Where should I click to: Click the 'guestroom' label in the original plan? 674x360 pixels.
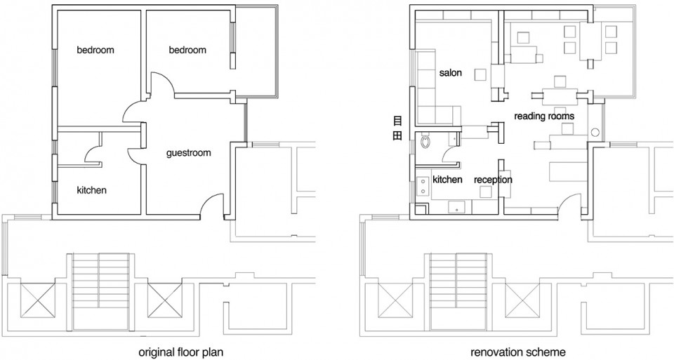(x=189, y=153)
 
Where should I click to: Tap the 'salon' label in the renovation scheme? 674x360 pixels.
(x=451, y=72)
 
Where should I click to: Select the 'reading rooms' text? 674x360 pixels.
(x=544, y=116)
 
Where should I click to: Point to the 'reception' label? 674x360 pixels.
(x=493, y=180)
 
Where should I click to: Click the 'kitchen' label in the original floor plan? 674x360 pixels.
(x=91, y=190)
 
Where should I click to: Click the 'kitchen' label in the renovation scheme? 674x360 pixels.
(x=447, y=180)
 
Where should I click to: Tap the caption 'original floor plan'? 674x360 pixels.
(x=180, y=353)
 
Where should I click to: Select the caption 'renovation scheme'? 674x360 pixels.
(x=518, y=353)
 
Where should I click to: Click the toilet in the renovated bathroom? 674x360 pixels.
(x=425, y=141)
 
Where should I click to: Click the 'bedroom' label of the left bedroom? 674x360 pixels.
(x=95, y=50)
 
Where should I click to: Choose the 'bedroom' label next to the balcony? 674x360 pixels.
(x=187, y=50)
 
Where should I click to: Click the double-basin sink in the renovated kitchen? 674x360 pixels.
(x=423, y=185)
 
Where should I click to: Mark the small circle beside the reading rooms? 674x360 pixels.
(x=595, y=133)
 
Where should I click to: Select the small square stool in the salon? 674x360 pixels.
(x=480, y=75)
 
